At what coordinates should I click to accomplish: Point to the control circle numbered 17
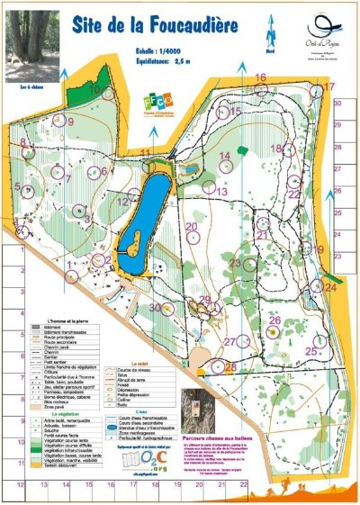point(316,91)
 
